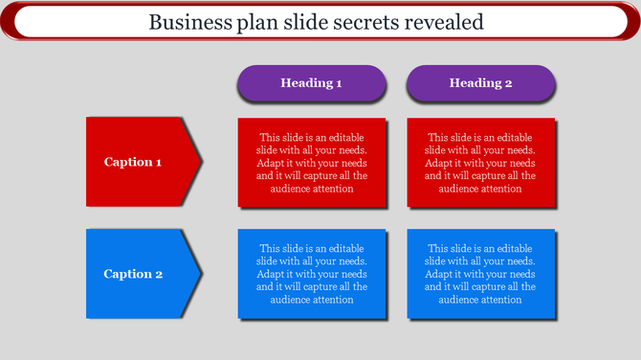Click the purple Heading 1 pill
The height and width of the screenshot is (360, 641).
(x=311, y=83)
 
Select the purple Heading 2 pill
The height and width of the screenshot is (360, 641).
(x=480, y=83)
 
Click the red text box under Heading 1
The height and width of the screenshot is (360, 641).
(x=311, y=162)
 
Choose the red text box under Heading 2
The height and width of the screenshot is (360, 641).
(x=480, y=162)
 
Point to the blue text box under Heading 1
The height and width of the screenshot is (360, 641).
(x=311, y=274)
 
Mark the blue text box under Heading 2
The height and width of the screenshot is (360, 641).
(x=480, y=274)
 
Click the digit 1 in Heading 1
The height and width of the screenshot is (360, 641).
(x=339, y=83)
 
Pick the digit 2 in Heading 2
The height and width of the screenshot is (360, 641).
(x=509, y=83)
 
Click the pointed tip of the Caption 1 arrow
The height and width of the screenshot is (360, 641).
(x=200, y=162)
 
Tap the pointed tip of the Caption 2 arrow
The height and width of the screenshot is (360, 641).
(x=200, y=274)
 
